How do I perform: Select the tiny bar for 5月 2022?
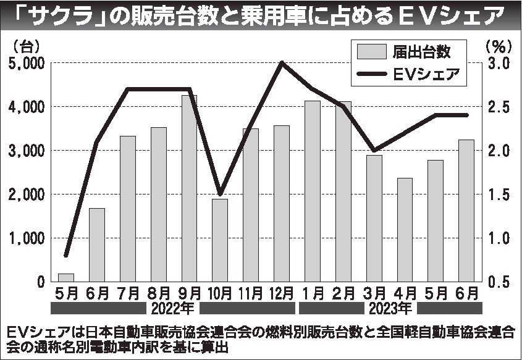tap(66, 277)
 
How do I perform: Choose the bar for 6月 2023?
tap(466, 210)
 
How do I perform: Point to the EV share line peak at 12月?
tap(282, 62)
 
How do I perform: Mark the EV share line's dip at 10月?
tap(220, 194)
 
